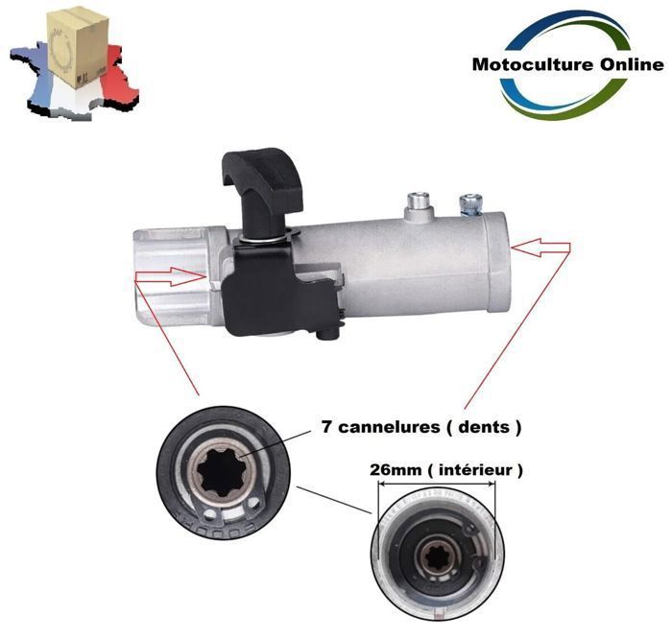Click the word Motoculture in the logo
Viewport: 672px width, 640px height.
tap(533, 64)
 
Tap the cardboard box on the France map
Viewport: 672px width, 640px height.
tap(78, 46)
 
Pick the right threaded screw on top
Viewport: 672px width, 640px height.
tap(470, 203)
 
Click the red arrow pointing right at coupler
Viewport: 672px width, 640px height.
tap(171, 276)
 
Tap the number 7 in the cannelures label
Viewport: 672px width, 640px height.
tap(326, 427)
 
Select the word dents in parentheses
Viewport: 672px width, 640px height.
tap(484, 427)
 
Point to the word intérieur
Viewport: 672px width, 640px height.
tap(475, 470)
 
